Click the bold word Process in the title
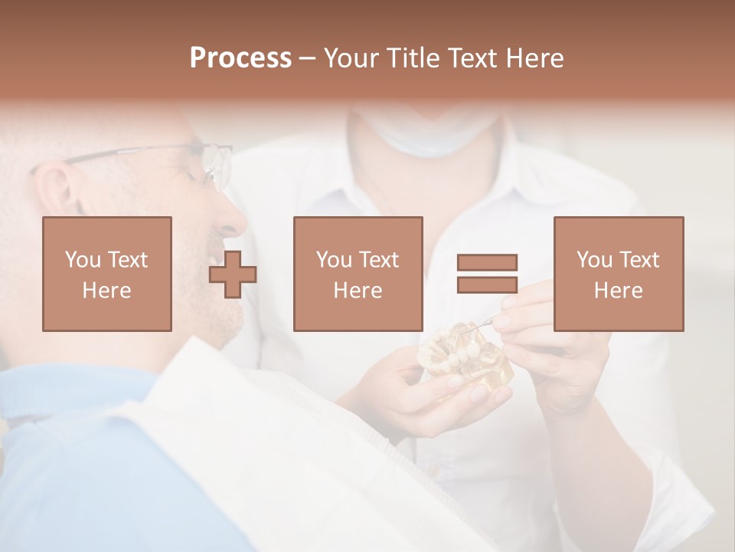(x=240, y=58)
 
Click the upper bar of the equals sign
(x=487, y=262)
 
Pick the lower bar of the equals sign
(x=487, y=285)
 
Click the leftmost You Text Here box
(x=107, y=274)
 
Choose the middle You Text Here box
(x=358, y=274)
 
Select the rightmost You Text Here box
(x=618, y=274)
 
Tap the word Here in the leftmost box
(x=106, y=291)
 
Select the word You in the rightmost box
(x=593, y=260)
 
